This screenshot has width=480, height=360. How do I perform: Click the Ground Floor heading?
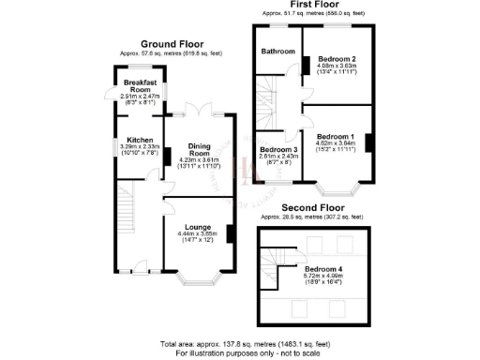(172, 43)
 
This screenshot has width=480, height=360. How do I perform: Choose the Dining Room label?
(197, 148)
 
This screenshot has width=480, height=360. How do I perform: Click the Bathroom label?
(277, 51)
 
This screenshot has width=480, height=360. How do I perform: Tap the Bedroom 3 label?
(278, 150)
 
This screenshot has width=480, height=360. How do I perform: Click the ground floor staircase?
(127, 212)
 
